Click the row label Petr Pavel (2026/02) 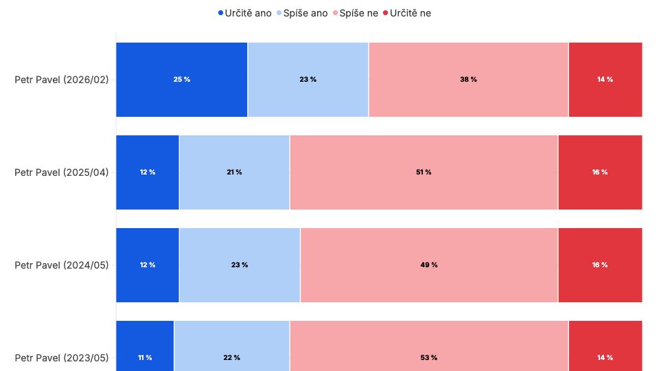coord(62,80)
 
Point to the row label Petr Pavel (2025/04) coord(62,172)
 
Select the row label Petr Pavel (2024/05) coord(62,265)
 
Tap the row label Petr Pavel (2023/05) coord(62,357)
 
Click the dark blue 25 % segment coord(181,80)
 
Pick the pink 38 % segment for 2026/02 coord(468,80)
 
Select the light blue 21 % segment coord(234,172)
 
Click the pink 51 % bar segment coord(424,172)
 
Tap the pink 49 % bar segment coord(429,265)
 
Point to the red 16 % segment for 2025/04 coord(600,172)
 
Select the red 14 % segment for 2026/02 coord(605,80)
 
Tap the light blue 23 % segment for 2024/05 coord(240,265)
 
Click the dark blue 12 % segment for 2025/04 coord(147,172)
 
